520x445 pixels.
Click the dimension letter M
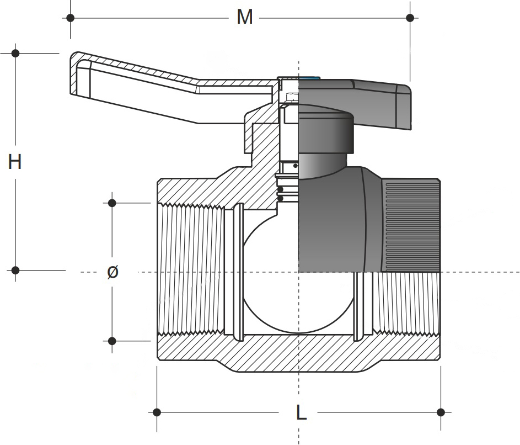click(244, 17)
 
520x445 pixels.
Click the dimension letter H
click(15, 162)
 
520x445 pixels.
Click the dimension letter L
click(301, 412)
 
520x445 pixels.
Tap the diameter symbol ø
click(112, 272)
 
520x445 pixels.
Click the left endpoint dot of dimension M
click(70, 18)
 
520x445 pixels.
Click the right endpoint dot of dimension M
click(410, 18)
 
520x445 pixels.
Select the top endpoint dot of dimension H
click(15, 54)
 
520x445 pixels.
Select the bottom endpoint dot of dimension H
click(15, 270)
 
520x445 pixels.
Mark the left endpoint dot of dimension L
click(157, 412)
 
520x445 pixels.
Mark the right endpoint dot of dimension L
click(441, 412)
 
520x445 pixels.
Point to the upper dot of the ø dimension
click(112, 203)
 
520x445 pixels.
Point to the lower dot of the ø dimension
click(112, 341)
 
